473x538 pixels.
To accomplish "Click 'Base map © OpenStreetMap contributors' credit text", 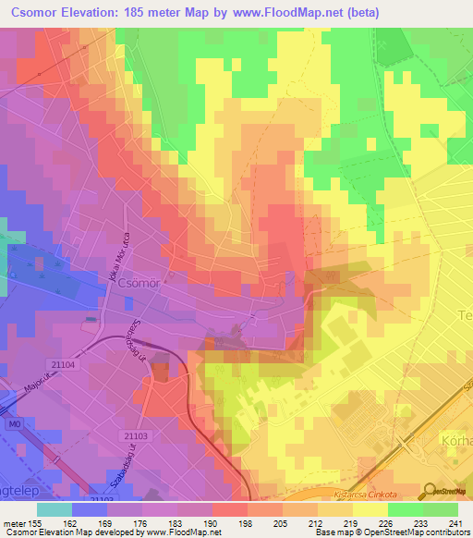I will [x=391, y=532].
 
